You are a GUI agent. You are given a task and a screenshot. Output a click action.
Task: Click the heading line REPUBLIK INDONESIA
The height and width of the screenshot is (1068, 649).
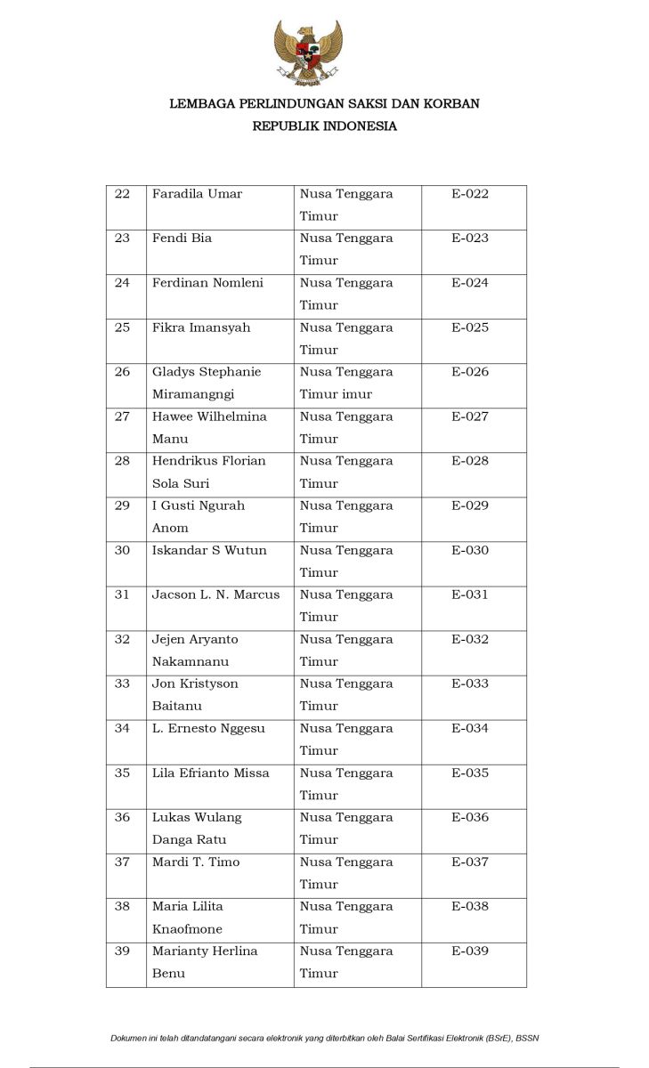point(324,126)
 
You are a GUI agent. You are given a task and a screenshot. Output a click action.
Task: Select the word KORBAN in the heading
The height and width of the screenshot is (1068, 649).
point(450,104)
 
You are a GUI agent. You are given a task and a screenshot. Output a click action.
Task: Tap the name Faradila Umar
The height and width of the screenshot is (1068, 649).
point(197,194)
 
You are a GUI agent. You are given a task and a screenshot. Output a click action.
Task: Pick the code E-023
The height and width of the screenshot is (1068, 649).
point(470,239)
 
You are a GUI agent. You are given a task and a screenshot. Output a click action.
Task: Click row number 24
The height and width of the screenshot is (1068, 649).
point(122,283)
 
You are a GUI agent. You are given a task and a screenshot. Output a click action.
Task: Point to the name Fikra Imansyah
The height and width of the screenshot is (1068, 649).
point(201,328)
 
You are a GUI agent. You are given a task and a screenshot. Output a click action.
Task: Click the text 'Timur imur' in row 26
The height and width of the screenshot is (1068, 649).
point(336,394)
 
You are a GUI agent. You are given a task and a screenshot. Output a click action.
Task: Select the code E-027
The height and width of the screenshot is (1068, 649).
point(470,417)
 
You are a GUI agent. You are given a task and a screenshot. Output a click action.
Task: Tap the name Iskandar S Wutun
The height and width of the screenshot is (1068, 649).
point(209,550)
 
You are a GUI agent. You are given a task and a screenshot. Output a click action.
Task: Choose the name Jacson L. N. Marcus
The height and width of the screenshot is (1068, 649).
point(215,595)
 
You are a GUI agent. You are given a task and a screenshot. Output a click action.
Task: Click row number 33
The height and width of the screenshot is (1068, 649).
point(122,684)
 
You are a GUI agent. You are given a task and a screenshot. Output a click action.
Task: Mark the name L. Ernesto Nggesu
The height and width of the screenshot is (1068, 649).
point(208,728)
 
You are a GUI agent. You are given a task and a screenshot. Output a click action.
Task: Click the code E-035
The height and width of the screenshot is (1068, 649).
point(470,773)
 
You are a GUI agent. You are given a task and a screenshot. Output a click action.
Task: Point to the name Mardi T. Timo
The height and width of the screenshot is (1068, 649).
point(196,862)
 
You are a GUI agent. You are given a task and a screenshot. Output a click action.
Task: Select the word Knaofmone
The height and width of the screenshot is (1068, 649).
point(187,929)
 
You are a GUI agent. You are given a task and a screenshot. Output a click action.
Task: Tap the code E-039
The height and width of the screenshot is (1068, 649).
point(470,951)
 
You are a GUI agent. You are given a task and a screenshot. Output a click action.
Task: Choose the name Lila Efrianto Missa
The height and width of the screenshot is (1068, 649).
point(210,773)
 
